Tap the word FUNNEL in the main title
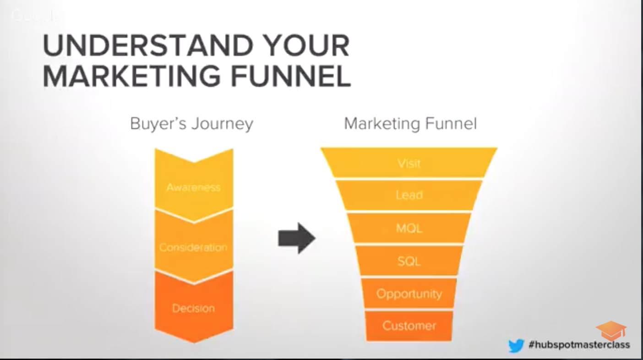pos(291,76)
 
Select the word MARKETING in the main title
pos(132,76)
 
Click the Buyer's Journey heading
pos(191,124)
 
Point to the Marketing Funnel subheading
pos(410,124)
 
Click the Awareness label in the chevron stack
pos(193,187)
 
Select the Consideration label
pos(193,247)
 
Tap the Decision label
pos(193,308)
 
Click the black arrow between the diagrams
pos(297,238)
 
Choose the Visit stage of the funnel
pos(409,163)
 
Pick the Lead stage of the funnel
pos(409,195)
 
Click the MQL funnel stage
pos(409,228)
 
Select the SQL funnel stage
pos(409,261)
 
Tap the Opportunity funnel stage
pos(409,294)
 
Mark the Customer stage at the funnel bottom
pos(409,326)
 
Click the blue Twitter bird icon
pos(516,345)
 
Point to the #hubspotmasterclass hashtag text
pos(579,344)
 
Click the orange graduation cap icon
pos(611,330)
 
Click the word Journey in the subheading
pos(222,124)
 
